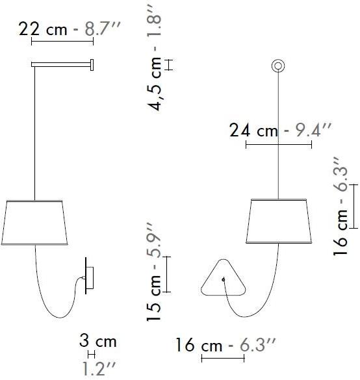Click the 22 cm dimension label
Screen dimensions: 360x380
click(43, 29)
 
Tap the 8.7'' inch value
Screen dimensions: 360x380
click(103, 29)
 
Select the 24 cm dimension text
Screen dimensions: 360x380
click(253, 131)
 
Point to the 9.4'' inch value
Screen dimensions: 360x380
click(313, 130)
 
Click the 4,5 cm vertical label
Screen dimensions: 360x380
click(154, 84)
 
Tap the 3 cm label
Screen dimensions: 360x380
click(98, 340)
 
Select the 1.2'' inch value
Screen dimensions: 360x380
click(99, 368)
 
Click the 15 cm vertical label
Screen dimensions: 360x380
click(154, 298)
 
